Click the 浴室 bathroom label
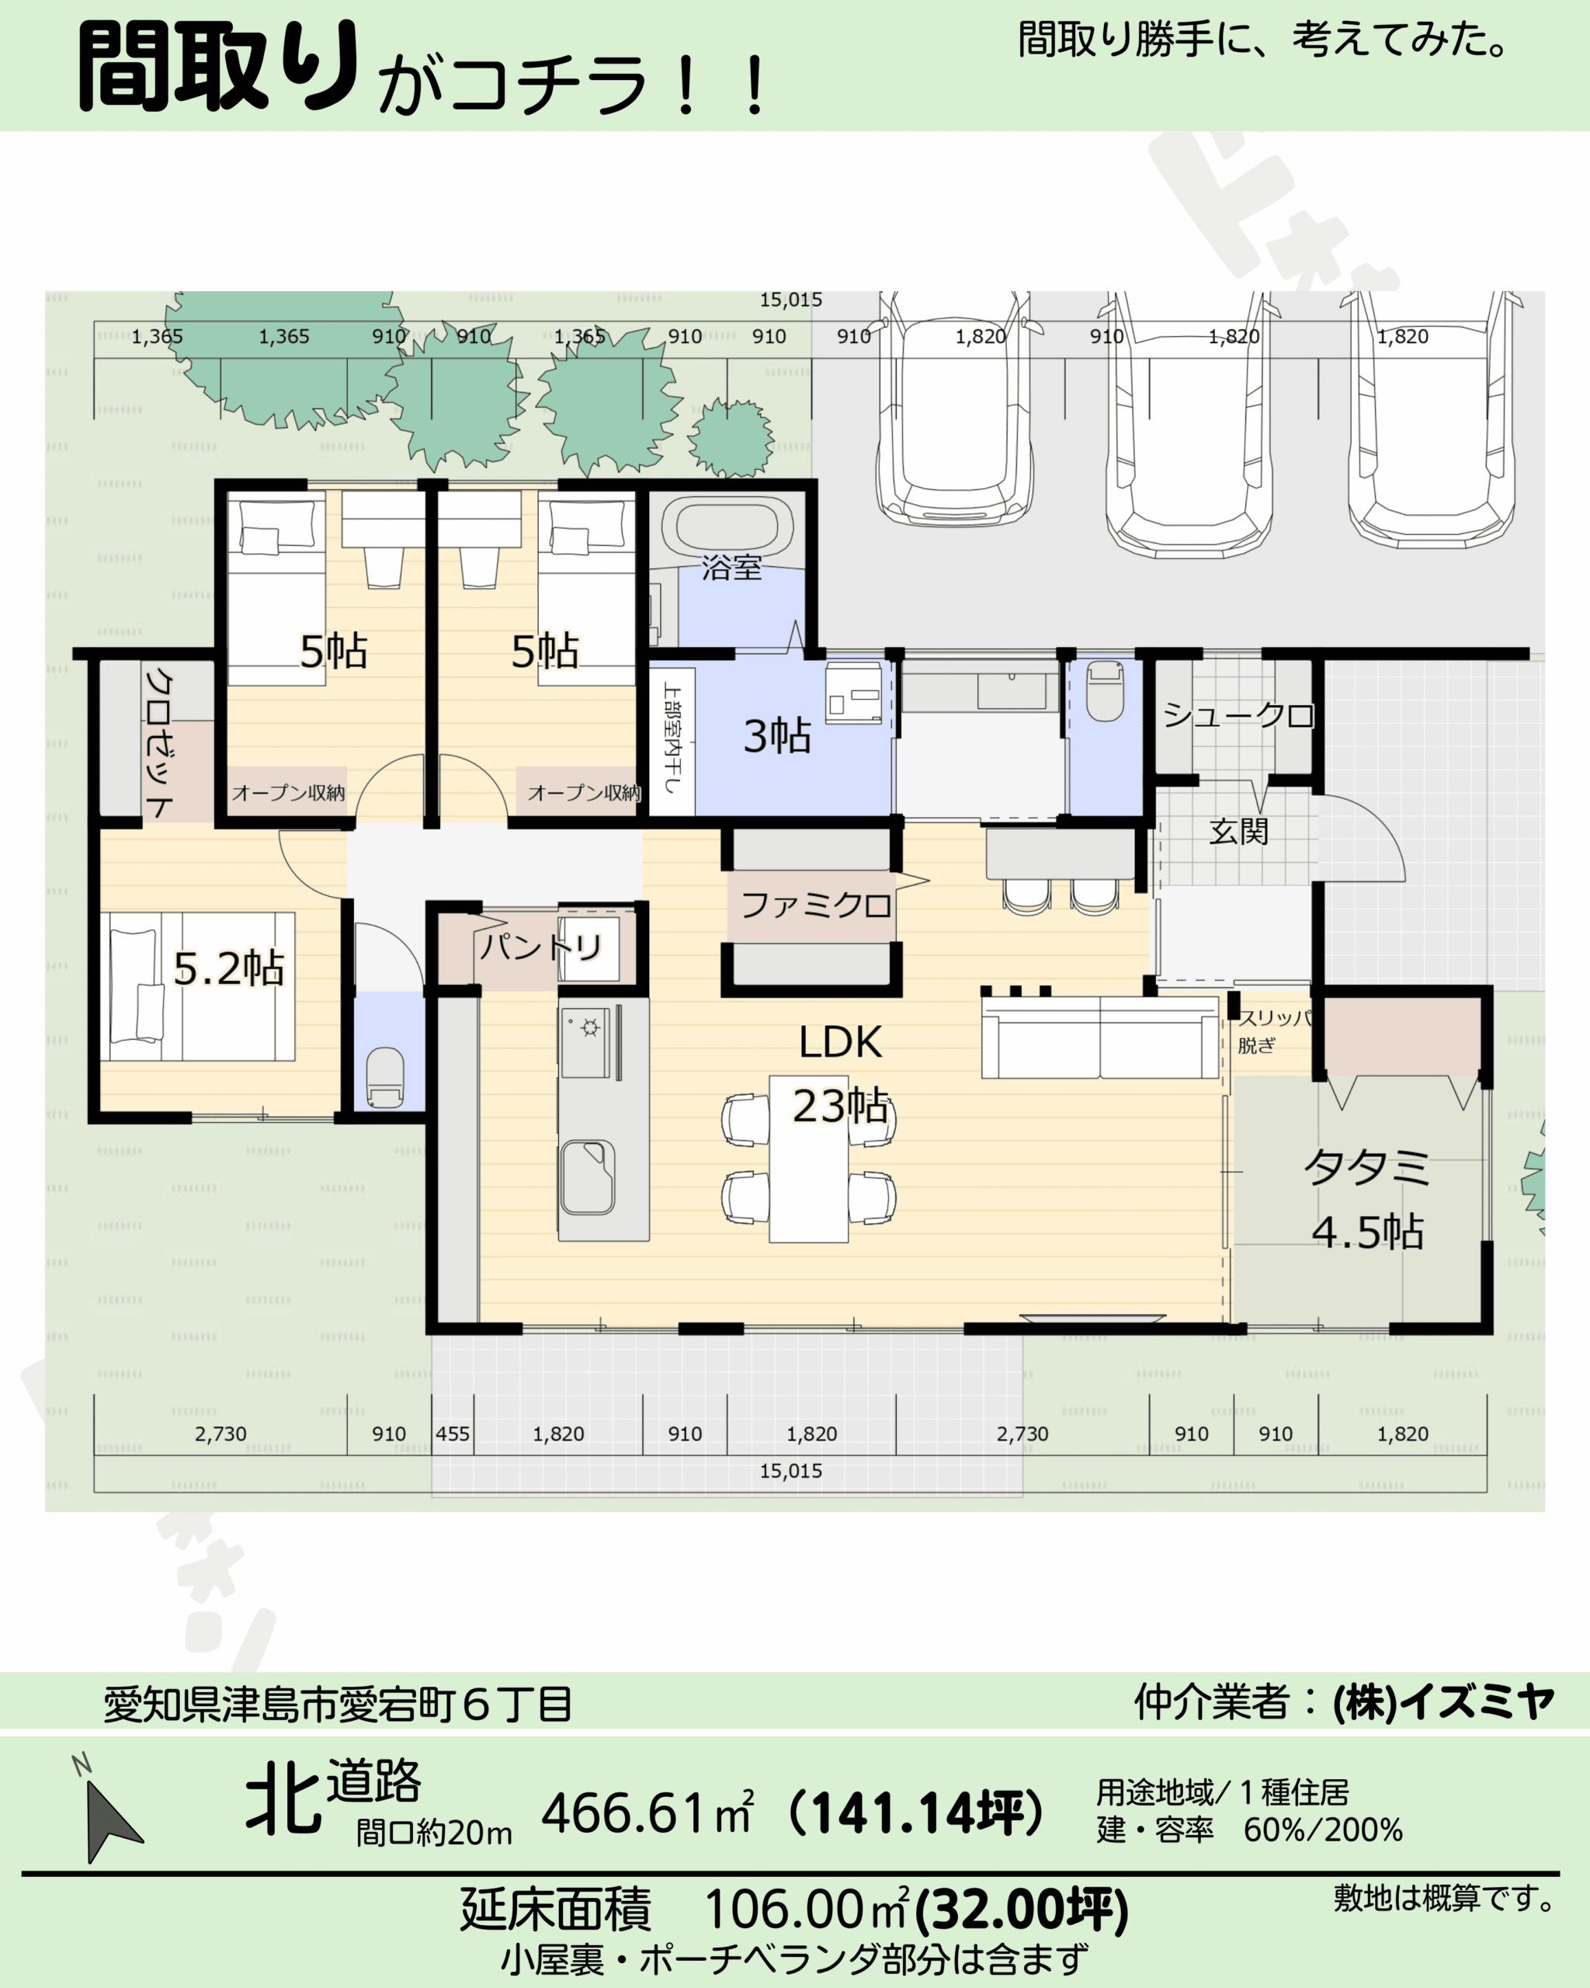(732, 567)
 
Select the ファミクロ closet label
(816, 905)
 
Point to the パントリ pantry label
(542, 946)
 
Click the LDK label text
(840, 1042)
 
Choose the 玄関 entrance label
(1239, 831)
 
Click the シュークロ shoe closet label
(1238, 714)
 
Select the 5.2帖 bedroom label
(228, 968)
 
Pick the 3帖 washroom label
(777, 736)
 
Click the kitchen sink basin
(587, 1176)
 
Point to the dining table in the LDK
(809, 1159)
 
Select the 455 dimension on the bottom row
(453, 1434)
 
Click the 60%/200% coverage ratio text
(1323, 1830)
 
